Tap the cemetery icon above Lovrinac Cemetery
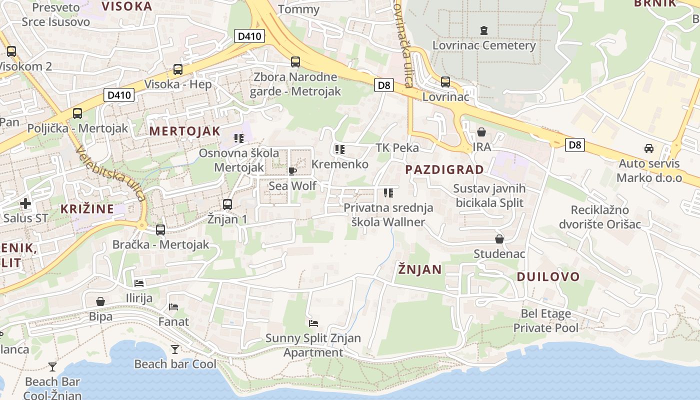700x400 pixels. point(483,30)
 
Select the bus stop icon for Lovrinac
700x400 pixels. point(445,82)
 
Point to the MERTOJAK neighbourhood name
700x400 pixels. point(184,131)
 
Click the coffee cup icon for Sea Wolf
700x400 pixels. point(292,171)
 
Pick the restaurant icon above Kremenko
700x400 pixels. point(340,149)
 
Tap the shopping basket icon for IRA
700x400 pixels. point(481,132)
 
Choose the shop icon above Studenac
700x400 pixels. point(499,239)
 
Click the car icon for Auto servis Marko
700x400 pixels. point(648,148)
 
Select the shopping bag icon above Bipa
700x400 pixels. point(100,301)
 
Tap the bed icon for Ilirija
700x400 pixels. point(139,283)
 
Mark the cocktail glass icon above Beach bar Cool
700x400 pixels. point(175,349)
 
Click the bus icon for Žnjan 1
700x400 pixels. point(227,204)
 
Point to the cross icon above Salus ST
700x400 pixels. point(25,203)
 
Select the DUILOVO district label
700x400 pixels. point(548,277)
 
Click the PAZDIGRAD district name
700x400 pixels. point(444,169)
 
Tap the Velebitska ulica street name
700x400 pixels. point(111,173)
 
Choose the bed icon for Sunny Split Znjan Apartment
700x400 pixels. point(313,323)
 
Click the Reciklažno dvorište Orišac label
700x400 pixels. point(606,217)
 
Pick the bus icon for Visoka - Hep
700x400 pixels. point(178,69)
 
